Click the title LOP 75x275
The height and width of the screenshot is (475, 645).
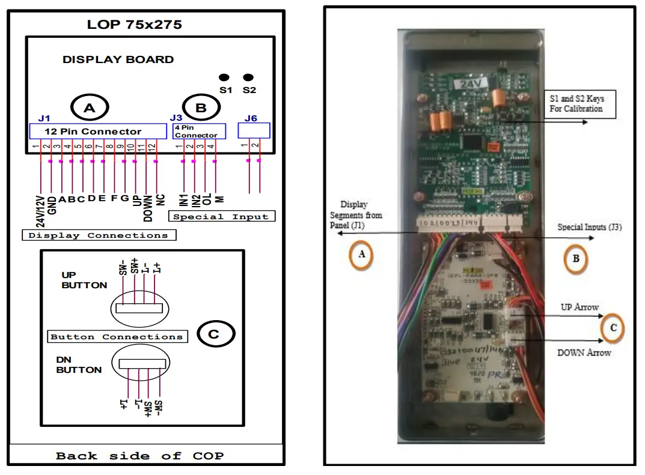[x=134, y=25]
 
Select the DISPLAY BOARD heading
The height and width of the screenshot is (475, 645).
[x=118, y=59]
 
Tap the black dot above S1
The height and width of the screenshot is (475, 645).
[x=224, y=77]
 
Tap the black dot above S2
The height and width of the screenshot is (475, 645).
[x=248, y=77]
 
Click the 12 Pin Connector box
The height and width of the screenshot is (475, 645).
[x=98, y=132]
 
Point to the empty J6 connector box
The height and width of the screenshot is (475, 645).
[x=254, y=130]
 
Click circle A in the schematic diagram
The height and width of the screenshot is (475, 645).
[x=90, y=108]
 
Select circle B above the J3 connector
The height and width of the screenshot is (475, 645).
[x=201, y=108]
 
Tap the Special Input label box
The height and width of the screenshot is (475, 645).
[x=222, y=217]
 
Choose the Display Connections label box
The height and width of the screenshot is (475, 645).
[x=99, y=235]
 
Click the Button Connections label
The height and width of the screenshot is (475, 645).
[x=117, y=337]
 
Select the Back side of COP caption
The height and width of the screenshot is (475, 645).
[x=139, y=456]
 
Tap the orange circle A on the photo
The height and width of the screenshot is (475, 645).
[x=361, y=255]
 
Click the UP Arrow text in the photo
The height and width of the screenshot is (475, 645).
[x=579, y=307]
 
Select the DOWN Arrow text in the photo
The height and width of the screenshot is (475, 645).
[x=584, y=352]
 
